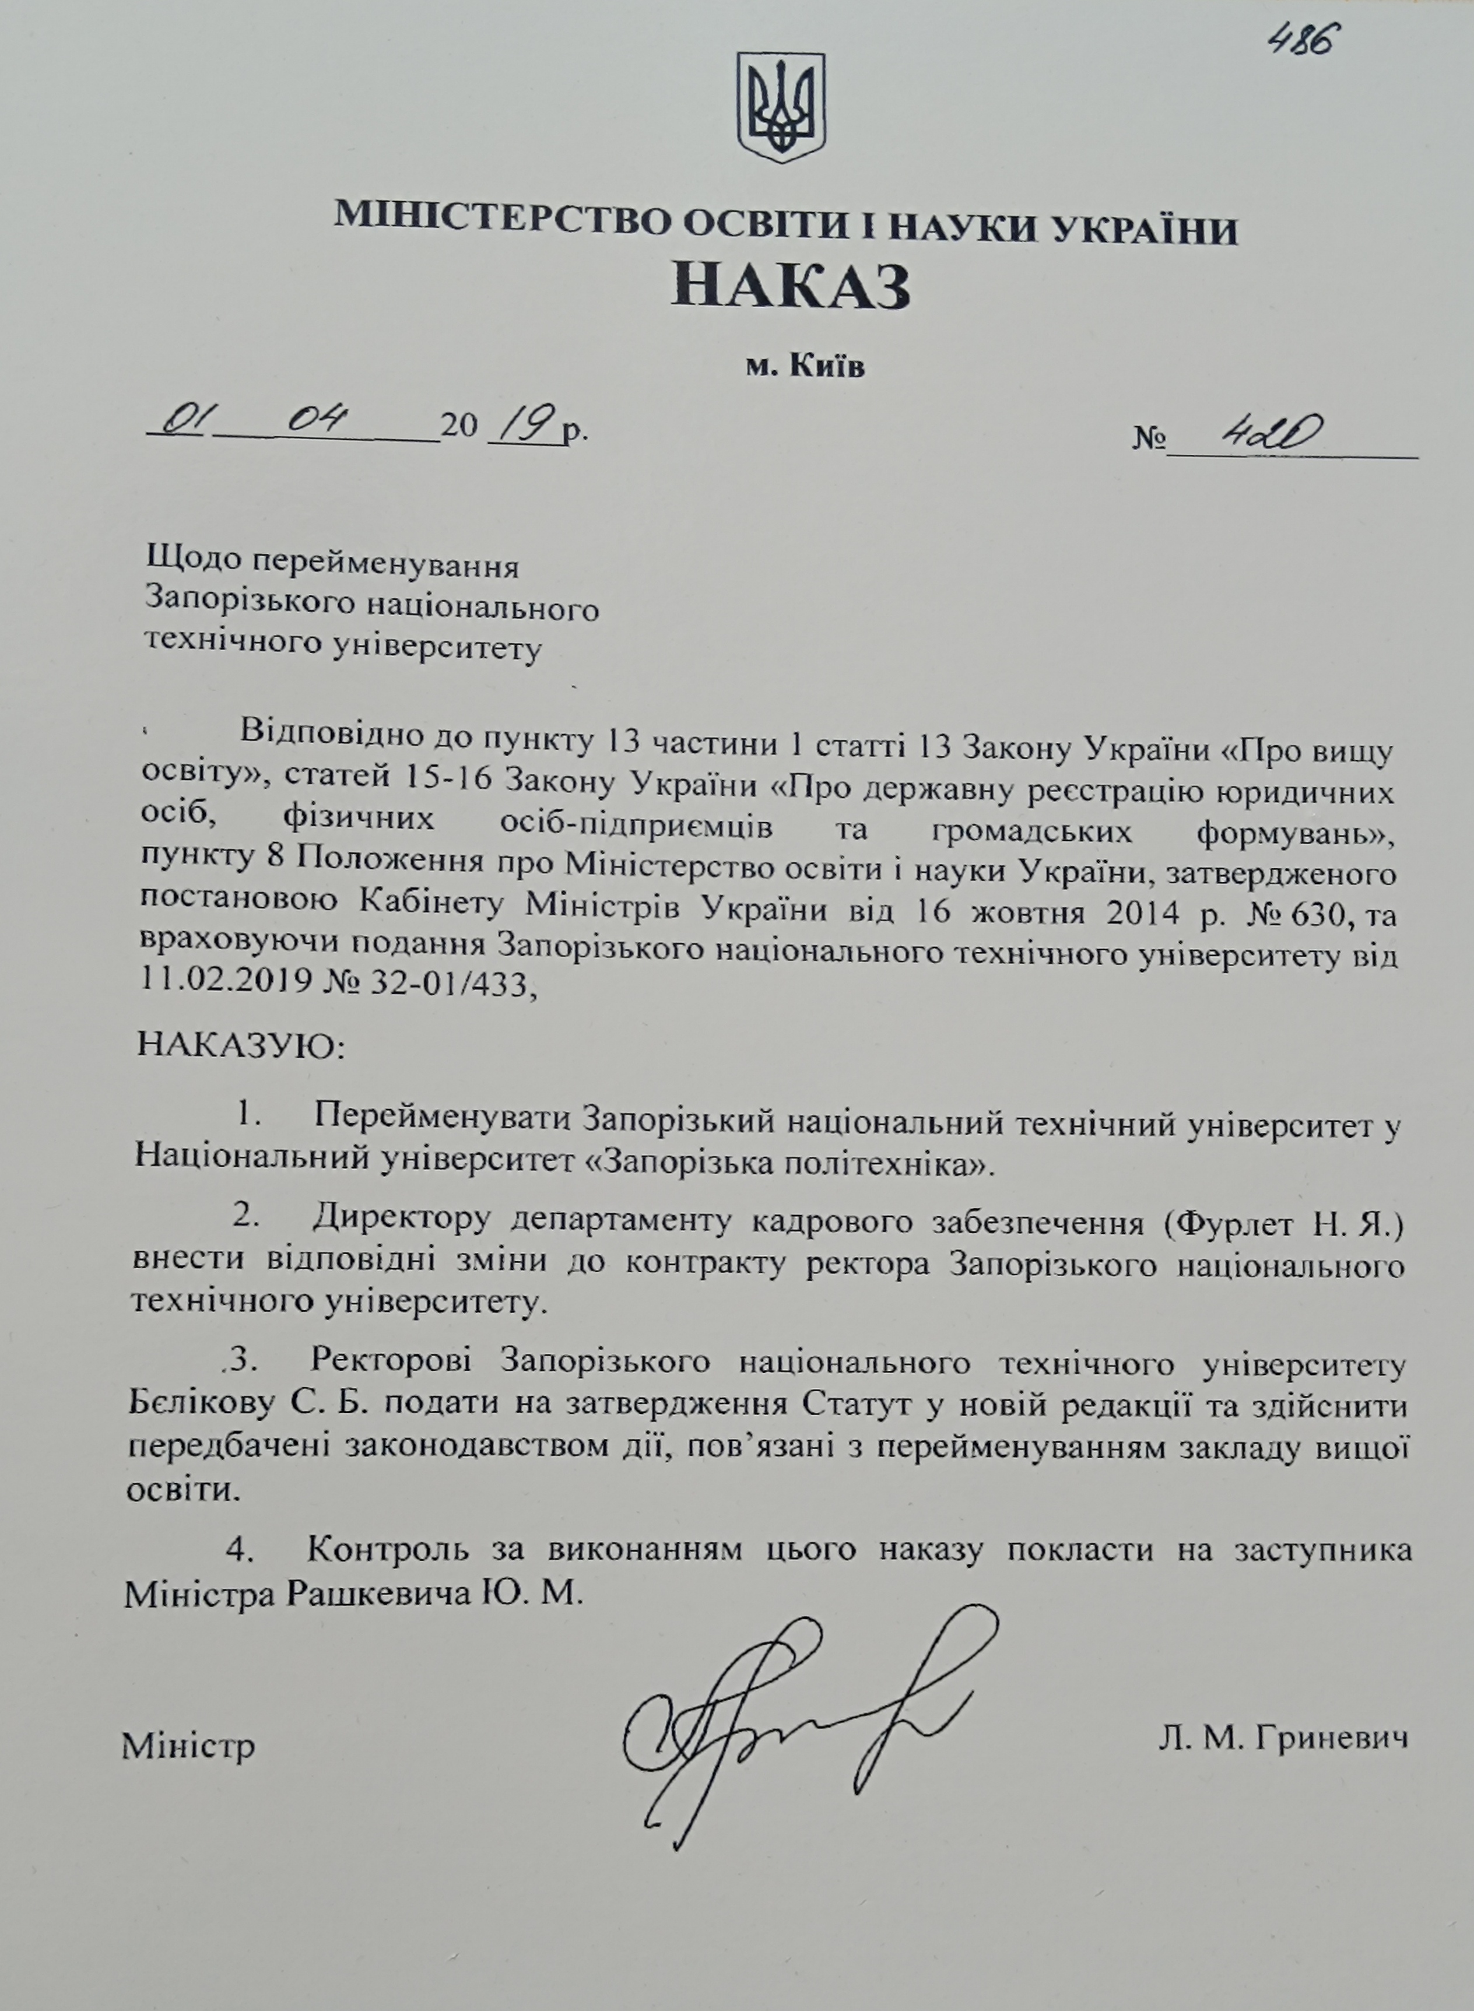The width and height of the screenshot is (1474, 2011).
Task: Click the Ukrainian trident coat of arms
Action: (779, 107)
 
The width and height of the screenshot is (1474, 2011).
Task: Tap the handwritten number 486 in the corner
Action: (1306, 38)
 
